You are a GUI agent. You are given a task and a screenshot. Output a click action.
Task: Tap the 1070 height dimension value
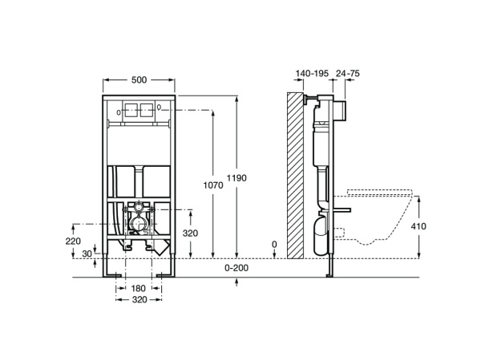(x=212, y=185)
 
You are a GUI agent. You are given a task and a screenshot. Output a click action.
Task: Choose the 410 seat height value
(x=418, y=226)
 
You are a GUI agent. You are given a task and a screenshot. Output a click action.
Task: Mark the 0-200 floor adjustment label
(x=236, y=266)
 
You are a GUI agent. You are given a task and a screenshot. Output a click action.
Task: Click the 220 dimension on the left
(x=74, y=240)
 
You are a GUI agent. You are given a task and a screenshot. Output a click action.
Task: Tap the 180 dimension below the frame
(x=139, y=287)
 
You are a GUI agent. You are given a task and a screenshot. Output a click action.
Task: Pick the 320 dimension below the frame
(x=139, y=301)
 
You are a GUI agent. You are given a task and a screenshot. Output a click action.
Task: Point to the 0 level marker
(x=274, y=245)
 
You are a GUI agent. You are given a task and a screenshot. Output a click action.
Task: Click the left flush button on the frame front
(x=135, y=112)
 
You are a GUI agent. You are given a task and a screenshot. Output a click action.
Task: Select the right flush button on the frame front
(x=148, y=112)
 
